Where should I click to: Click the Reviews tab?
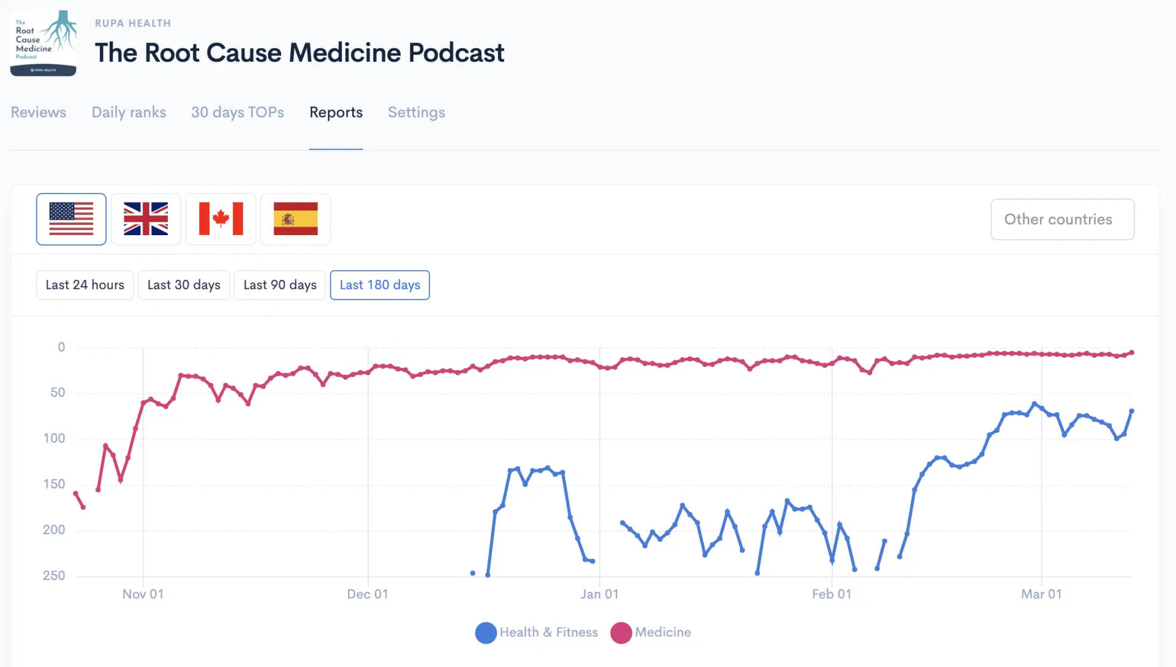click(39, 113)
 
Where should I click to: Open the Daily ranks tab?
click(129, 113)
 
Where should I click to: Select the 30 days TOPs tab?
click(238, 113)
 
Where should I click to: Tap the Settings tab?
click(417, 113)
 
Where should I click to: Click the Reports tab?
click(336, 113)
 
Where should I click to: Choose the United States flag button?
click(71, 219)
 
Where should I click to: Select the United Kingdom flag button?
click(146, 219)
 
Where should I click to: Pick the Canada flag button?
click(221, 219)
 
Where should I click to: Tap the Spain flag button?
click(296, 219)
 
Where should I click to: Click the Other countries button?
click(1062, 219)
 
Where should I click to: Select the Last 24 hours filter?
click(85, 285)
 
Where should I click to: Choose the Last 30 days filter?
click(184, 285)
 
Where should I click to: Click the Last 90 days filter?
click(280, 285)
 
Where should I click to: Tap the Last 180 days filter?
click(380, 285)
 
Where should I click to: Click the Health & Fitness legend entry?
click(537, 633)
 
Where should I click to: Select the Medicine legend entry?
click(651, 633)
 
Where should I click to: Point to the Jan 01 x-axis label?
click(600, 594)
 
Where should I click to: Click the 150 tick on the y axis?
click(54, 484)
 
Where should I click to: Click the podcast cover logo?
click(43, 43)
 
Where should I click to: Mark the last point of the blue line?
click(1132, 411)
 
